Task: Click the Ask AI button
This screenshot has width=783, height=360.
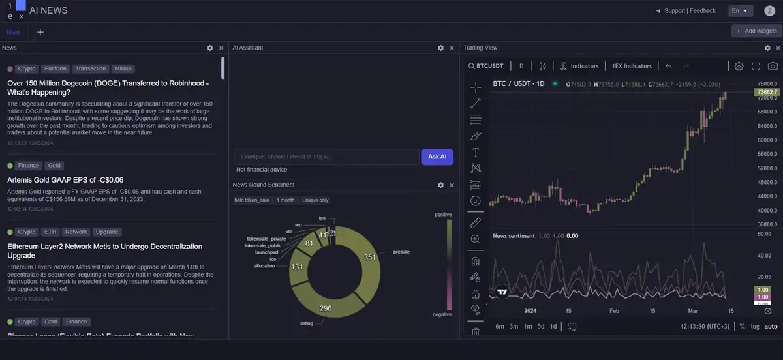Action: pyautogui.click(x=437, y=157)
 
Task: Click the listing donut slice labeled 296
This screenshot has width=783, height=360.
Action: pyautogui.click(x=326, y=308)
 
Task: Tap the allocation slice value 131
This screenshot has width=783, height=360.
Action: pyautogui.click(x=297, y=267)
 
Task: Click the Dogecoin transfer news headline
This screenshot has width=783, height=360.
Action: pyautogui.click(x=108, y=88)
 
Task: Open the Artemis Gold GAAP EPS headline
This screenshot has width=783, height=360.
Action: pyautogui.click(x=65, y=180)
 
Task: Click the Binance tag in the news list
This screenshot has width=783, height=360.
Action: pyautogui.click(x=76, y=322)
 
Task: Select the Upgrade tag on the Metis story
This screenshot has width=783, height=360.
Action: pyautogui.click(x=106, y=232)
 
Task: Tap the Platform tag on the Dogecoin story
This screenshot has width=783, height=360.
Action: pyautogui.click(x=56, y=68)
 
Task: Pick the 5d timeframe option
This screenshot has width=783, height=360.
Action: pyautogui.click(x=541, y=326)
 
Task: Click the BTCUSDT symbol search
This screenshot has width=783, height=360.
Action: pyautogui.click(x=486, y=66)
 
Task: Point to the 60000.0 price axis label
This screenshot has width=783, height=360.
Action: pyautogui.click(x=767, y=140)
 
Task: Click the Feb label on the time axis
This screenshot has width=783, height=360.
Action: pyautogui.click(x=614, y=311)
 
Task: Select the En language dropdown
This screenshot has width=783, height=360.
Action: pyautogui.click(x=740, y=10)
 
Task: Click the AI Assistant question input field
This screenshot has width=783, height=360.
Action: pyautogui.click(x=326, y=157)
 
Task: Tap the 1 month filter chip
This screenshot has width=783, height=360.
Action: pyautogui.click(x=285, y=200)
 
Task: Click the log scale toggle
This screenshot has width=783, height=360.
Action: pyautogui.click(x=755, y=326)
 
